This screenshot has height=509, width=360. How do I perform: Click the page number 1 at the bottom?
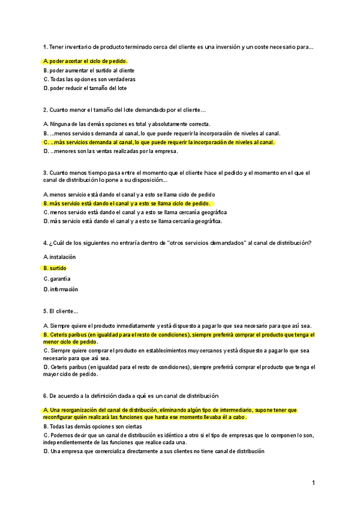(313, 482)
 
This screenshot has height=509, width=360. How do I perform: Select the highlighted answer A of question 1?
(85, 61)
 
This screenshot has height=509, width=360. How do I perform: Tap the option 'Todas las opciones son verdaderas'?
(89, 79)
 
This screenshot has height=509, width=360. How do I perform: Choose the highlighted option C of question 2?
(159, 142)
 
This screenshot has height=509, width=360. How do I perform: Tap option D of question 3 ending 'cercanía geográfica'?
(133, 221)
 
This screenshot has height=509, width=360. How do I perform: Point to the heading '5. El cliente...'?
(61, 311)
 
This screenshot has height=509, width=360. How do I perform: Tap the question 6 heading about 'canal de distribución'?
(131, 396)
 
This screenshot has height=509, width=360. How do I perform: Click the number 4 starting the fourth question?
(45, 242)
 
